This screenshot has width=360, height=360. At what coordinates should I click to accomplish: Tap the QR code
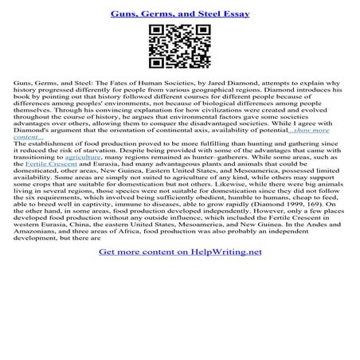click(x=180, y=50)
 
